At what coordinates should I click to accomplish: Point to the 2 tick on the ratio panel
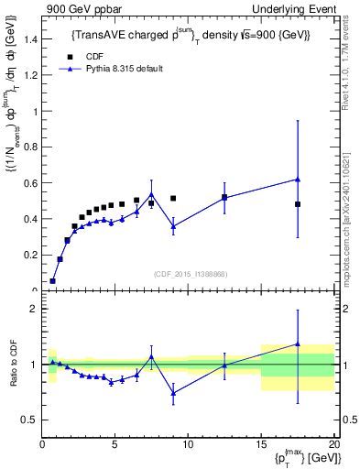pos(34,309)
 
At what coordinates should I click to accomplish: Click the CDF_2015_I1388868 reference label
pos(190,275)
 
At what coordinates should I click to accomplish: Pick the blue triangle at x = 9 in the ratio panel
pos(173,393)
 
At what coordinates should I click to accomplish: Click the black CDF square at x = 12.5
pos(224,197)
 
